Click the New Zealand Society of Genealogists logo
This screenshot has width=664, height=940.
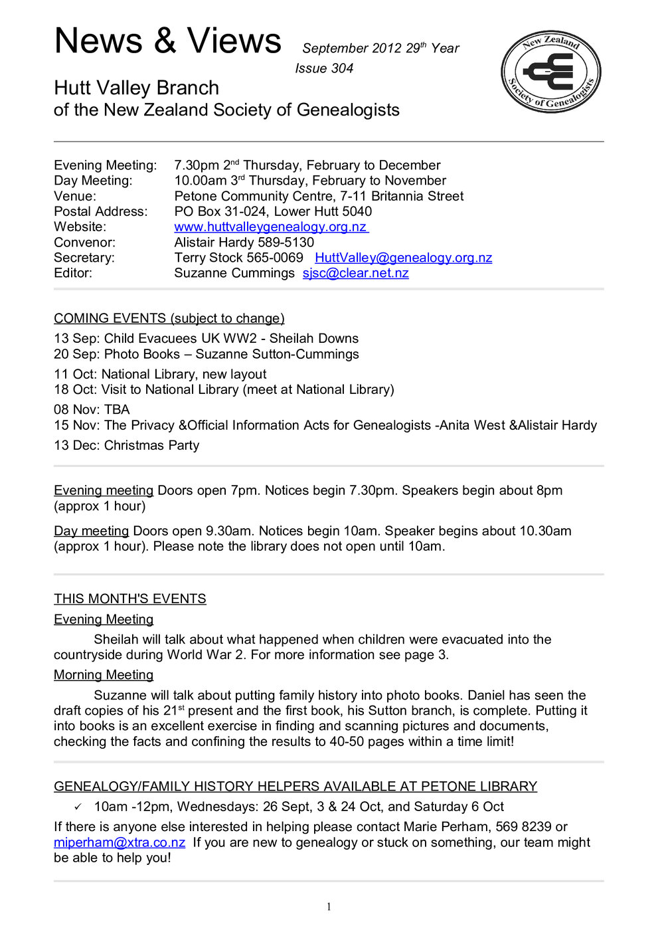(550, 71)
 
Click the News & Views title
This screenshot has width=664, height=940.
(168, 41)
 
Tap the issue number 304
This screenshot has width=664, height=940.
(342, 68)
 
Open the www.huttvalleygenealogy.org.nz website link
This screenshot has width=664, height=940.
(270, 227)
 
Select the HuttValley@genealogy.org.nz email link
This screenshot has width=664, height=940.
(403, 258)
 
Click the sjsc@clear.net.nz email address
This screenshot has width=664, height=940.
(355, 273)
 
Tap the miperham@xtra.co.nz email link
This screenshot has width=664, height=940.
(120, 842)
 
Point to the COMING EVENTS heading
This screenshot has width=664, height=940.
(169, 318)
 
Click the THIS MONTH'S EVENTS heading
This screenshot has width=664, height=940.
(129, 599)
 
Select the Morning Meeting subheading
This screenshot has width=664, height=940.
(104, 675)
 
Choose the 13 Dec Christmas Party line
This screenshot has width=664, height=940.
(126, 445)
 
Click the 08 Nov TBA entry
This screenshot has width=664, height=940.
(92, 410)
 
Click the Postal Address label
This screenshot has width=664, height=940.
(101, 212)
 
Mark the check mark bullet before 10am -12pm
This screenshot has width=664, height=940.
(78, 807)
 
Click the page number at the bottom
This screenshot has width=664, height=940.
(329, 907)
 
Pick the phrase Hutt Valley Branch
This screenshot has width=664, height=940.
(136, 88)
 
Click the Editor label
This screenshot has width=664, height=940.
(73, 273)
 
